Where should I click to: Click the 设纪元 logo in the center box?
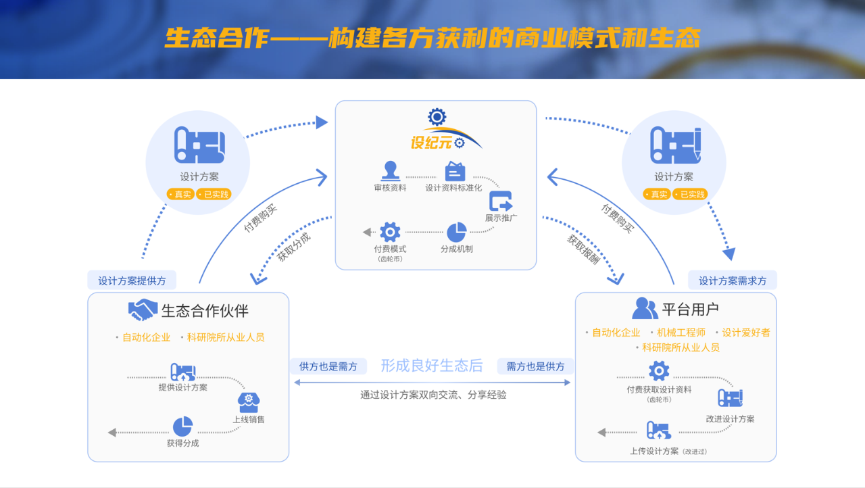point(437,131)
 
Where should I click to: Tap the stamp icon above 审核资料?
point(390,170)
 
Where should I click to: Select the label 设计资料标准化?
point(453,188)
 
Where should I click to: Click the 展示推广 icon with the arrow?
point(501,201)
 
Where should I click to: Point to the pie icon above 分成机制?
point(457,232)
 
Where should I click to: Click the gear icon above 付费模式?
point(390,232)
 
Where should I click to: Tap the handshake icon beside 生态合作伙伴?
point(143,310)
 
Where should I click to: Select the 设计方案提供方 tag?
point(132,280)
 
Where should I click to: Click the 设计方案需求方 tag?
point(733,280)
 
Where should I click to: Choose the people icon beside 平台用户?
point(645,309)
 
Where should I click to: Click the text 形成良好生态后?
point(432,366)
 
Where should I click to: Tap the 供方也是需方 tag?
point(328,366)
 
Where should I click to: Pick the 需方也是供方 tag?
point(536,366)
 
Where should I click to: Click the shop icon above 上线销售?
point(249,402)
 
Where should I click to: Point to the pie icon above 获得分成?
point(182,426)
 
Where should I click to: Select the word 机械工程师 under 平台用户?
point(681,333)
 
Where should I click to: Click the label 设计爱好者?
point(746,333)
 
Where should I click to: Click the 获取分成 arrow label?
point(294,247)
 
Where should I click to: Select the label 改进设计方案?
point(730,419)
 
